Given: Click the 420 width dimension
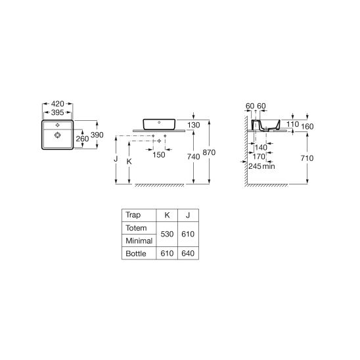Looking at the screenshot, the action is [x=57, y=104].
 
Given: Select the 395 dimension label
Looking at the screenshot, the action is [x=57, y=112].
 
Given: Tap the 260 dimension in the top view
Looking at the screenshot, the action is [x=82, y=139].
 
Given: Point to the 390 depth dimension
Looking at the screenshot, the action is [x=97, y=135].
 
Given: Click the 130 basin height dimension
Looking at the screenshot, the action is [x=194, y=125].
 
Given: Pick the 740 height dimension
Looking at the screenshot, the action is [x=194, y=157].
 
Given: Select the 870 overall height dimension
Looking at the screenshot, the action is [x=209, y=152].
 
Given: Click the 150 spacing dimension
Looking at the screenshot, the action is [x=159, y=155].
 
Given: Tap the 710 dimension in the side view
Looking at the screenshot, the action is [x=307, y=158].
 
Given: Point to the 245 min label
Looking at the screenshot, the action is [x=261, y=166].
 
